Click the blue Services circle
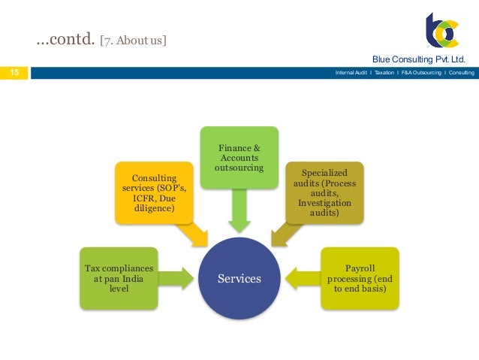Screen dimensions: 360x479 click(x=239, y=278)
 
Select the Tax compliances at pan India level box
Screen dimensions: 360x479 click(x=119, y=278)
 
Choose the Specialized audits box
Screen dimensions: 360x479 click(x=325, y=192)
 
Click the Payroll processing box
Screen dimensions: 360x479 click(x=359, y=278)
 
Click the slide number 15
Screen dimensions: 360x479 click(x=14, y=73)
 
